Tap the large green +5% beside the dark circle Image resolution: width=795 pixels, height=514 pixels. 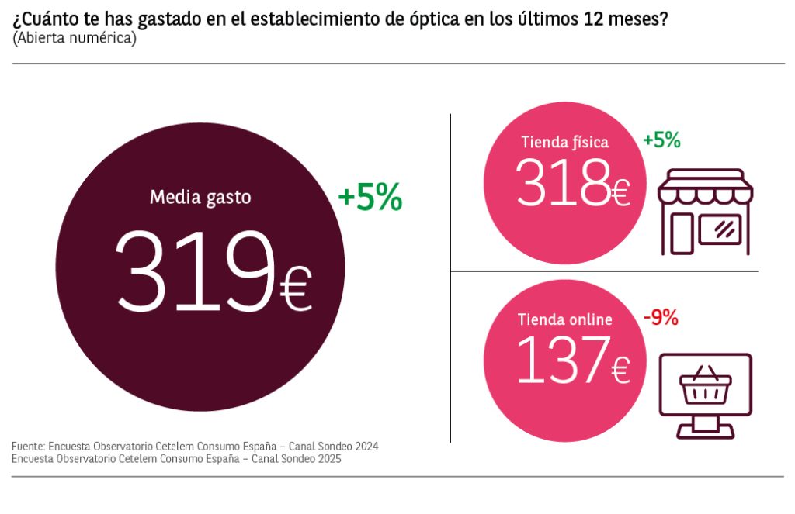[370, 198]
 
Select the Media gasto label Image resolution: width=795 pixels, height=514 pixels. [200, 197]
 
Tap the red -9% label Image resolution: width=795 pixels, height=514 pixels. [661, 317]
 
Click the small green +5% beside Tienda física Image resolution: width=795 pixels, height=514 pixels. [661, 140]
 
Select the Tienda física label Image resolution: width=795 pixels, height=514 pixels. [564, 142]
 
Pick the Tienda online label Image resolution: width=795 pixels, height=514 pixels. [564, 319]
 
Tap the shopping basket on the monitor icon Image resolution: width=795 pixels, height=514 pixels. [706, 386]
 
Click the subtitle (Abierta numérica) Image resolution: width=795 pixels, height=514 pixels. [75, 38]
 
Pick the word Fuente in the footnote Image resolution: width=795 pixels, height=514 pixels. [28, 447]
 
